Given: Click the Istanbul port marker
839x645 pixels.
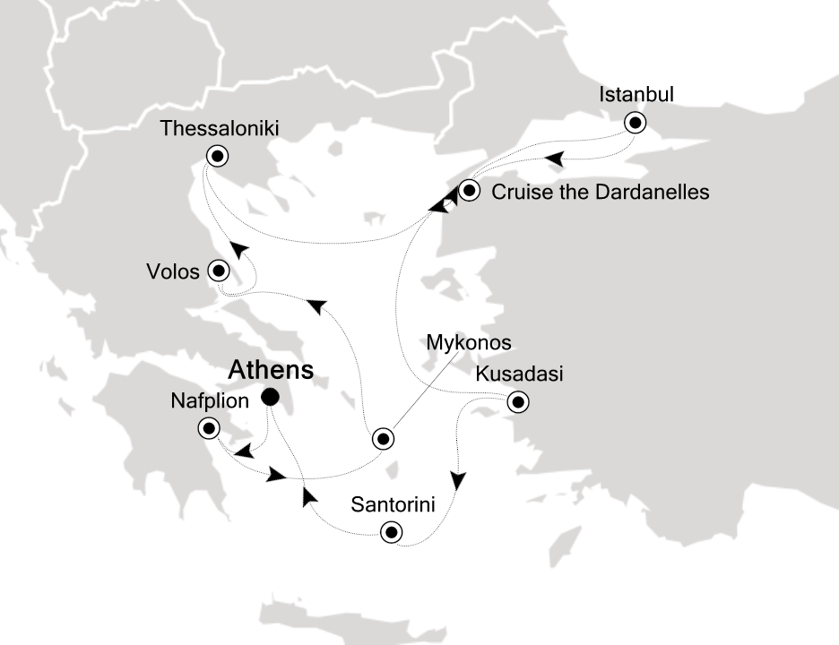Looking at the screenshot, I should (635, 123).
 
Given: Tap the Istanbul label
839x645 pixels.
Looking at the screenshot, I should (636, 94).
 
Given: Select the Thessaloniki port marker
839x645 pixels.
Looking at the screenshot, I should (216, 156).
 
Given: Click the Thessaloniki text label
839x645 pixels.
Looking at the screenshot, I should (220, 129).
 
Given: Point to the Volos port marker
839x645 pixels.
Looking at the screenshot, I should (218, 270).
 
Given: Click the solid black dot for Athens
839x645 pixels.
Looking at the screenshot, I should (269, 396).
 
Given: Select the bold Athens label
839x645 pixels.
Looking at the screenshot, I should (271, 370).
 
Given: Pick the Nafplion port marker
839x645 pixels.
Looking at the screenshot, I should (208, 428).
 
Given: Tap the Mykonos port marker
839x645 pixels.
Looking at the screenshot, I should (383, 439).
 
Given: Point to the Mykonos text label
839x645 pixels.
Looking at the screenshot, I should (468, 342).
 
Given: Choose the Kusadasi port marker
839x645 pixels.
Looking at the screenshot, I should (516, 402).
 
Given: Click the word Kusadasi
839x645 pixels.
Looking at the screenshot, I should (520, 374).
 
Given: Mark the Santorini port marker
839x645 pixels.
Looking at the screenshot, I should (390, 533).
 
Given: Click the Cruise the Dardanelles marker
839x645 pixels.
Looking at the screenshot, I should (470, 190).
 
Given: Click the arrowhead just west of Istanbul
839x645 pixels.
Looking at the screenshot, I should (554, 159).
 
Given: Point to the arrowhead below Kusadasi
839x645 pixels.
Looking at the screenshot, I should (458, 481).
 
